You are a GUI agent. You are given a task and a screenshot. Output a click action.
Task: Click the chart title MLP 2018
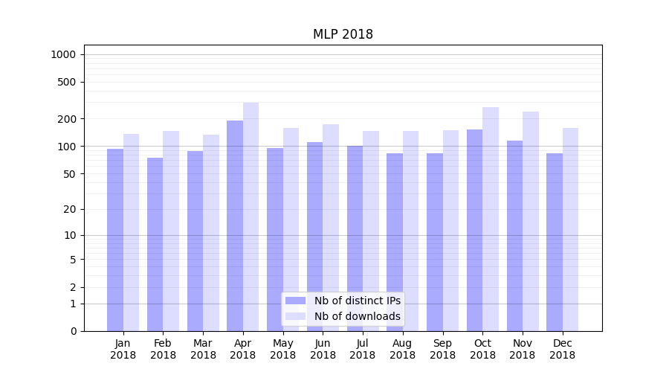[x=343, y=34]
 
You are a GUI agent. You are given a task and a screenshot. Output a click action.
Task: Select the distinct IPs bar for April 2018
[x=235, y=223]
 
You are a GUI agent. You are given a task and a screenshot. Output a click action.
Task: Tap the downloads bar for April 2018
[x=251, y=216]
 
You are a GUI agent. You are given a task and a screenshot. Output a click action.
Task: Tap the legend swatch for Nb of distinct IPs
[x=296, y=301]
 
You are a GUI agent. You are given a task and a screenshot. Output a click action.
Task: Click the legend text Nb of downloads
[x=357, y=316]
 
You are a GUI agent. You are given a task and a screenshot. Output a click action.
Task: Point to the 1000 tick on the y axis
[x=62, y=54]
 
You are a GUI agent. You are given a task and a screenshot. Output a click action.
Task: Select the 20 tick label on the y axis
[x=71, y=209]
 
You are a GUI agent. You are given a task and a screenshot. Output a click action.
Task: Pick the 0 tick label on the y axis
[x=74, y=331]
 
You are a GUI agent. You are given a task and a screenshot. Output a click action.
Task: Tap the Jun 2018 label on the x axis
[x=323, y=349]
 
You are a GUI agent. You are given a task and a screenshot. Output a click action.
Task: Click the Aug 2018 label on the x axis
[x=403, y=349]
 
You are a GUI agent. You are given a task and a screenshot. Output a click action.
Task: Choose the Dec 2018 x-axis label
[x=563, y=349]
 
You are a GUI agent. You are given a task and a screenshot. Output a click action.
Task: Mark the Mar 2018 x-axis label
[x=203, y=349]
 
